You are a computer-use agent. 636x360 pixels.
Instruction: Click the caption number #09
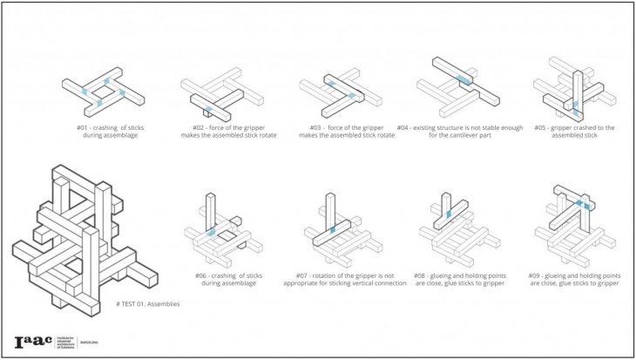(534, 275)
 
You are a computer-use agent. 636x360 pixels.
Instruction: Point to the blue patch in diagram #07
(332, 229)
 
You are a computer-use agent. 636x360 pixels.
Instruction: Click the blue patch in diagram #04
(464, 80)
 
